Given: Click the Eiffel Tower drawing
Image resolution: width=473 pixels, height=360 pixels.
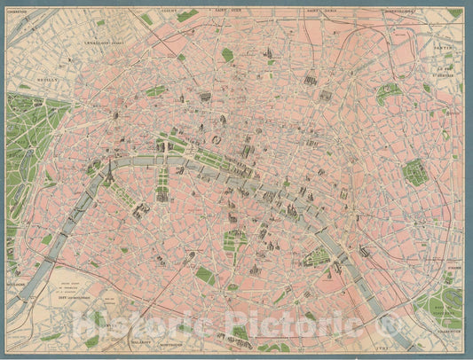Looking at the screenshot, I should (107, 176).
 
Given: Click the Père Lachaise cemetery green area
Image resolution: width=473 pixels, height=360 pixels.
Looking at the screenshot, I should (414, 172).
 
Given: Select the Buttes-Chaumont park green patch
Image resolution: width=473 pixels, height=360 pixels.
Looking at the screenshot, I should (387, 92).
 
